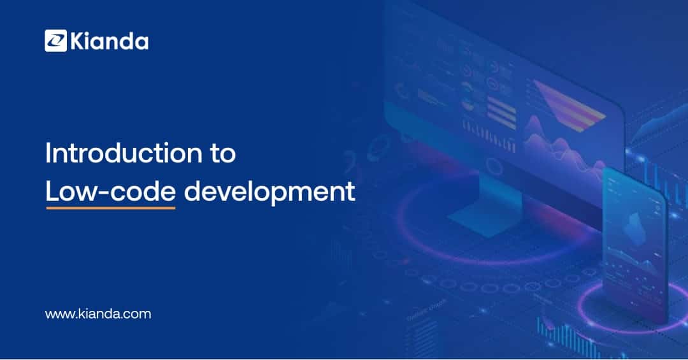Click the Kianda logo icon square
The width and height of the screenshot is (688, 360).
[x=55, y=41]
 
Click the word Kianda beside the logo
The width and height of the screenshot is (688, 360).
[x=110, y=41]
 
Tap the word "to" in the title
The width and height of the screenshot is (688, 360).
[x=223, y=154]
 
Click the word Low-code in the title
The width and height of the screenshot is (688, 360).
[x=111, y=192]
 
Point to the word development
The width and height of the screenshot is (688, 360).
[x=269, y=192]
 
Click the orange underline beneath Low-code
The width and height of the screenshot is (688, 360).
[x=111, y=208]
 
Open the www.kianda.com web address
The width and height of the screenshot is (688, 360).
[x=98, y=314]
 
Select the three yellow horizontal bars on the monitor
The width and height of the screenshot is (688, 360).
[x=501, y=112]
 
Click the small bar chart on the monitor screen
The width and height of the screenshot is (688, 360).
[x=489, y=137]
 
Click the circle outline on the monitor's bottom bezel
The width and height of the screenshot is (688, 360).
[x=494, y=167]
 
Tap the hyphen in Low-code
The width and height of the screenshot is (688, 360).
[x=103, y=194]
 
